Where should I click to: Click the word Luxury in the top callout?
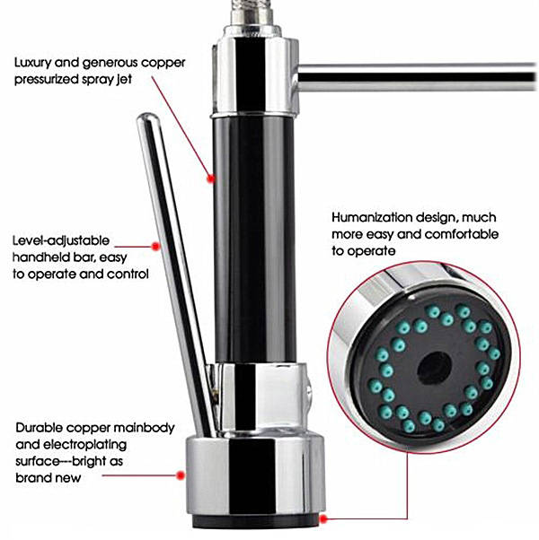click(x=32, y=63)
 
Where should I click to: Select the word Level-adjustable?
click(x=61, y=241)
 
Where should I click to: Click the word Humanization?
click(x=372, y=218)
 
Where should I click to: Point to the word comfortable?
click(x=462, y=234)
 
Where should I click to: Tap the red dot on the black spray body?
click(x=211, y=179)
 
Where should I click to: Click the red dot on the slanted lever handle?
click(x=156, y=247)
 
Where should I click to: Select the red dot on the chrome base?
click(x=180, y=475)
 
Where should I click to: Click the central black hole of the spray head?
click(x=434, y=368)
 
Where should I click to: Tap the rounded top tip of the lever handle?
click(x=148, y=118)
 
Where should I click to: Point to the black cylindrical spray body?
click(x=254, y=240)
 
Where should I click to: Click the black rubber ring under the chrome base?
click(x=256, y=521)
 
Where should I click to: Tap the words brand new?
click(x=49, y=478)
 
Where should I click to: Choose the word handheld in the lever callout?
click(x=42, y=257)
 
